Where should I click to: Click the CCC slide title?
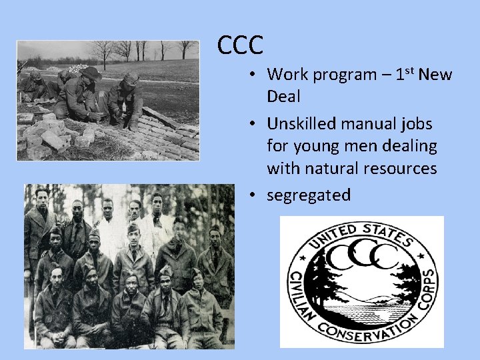tap(240, 45)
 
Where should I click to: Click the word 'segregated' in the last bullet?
tap(309, 195)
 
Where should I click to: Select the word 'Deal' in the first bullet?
tap(283, 96)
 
